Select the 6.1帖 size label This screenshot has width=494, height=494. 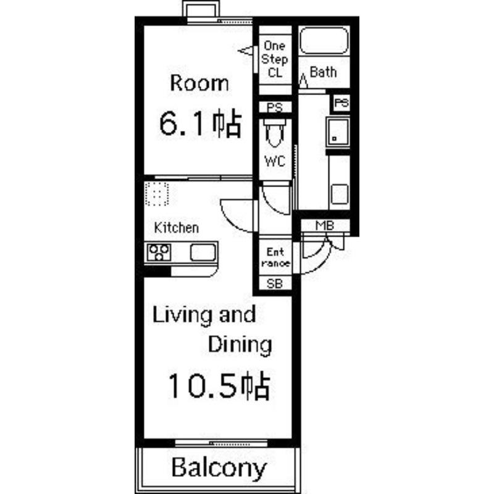[x=199, y=124]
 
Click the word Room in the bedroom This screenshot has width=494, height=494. [x=199, y=83]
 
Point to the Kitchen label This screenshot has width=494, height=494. [x=177, y=228]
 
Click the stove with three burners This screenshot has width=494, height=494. [x=159, y=253]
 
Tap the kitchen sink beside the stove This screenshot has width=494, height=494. [x=203, y=253]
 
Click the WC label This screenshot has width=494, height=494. [x=275, y=162]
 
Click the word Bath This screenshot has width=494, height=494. [x=323, y=72]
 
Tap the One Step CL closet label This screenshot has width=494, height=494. [x=275, y=59]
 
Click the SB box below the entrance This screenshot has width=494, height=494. [x=275, y=283]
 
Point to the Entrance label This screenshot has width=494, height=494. [x=275, y=257]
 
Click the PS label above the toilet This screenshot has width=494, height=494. [x=275, y=107]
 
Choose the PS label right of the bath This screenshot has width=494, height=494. [x=341, y=103]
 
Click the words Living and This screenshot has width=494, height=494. [x=204, y=316]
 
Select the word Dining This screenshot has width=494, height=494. [x=240, y=344]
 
